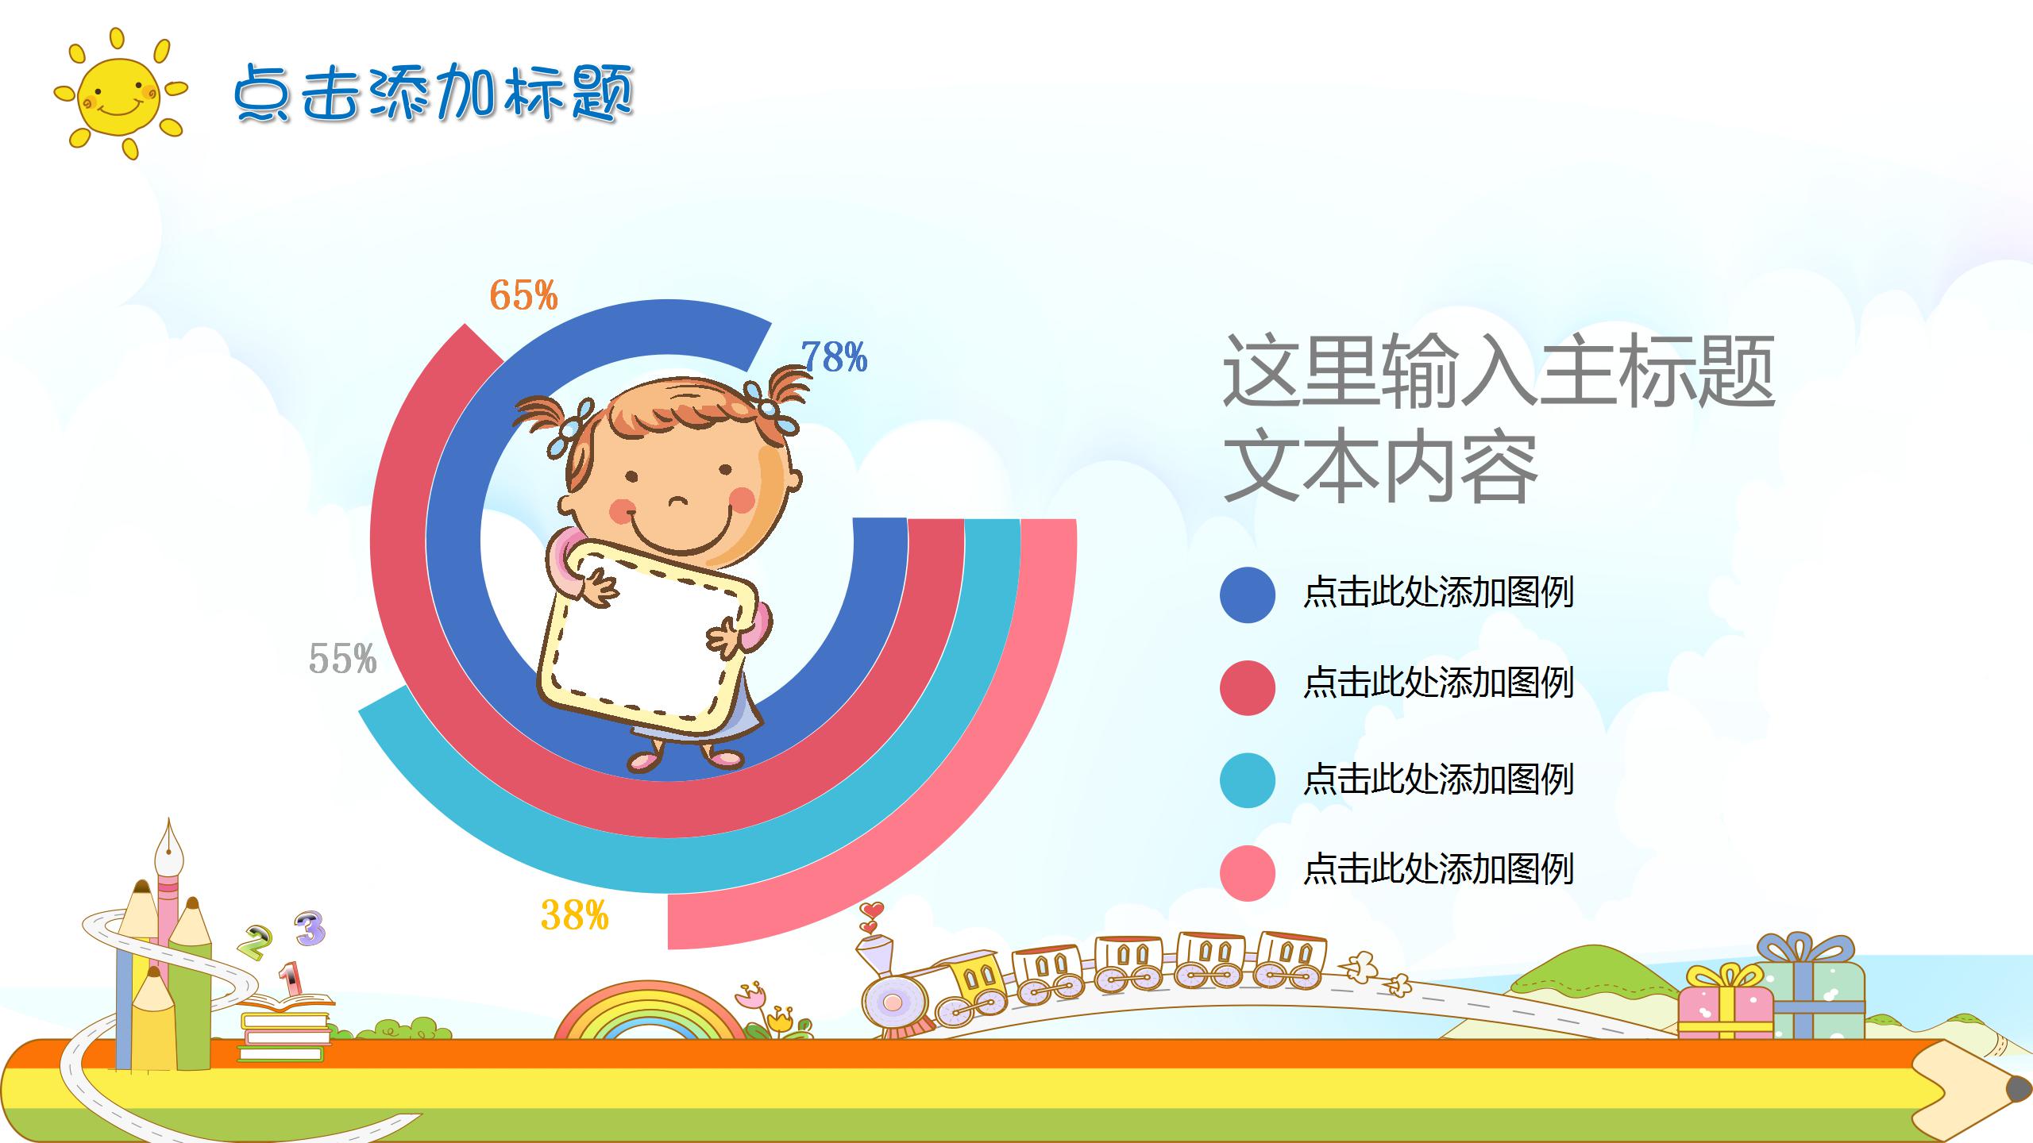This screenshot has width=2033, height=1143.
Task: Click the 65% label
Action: (523, 294)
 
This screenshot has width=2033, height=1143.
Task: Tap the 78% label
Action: (834, 356)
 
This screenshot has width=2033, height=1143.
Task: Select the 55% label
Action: (342, 659)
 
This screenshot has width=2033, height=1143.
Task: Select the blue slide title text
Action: (434, 94)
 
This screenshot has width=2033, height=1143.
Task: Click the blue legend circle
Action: (1248, 595)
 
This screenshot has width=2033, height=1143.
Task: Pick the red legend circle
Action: (1248, 687)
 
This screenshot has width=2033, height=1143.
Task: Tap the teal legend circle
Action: (1248, 780)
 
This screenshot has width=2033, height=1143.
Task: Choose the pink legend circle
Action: (1248, 873)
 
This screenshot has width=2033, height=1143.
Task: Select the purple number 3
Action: (311, 928)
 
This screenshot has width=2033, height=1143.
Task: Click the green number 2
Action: (256, 942)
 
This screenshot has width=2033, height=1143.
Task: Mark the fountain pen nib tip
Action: (169, 818)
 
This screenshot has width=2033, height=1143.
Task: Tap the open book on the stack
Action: (286, 1003)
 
